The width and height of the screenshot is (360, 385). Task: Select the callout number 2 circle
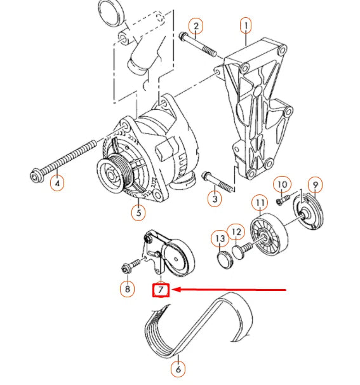click(196, 26)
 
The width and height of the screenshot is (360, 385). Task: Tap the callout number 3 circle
click(216, 199)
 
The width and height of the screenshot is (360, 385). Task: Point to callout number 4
click(58, 185)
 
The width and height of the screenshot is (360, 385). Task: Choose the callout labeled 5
click(138, 212)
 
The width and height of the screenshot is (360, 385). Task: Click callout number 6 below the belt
click(178, 368)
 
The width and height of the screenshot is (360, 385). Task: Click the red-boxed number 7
click(161, 291)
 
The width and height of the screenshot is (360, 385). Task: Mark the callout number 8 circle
click(128, 289)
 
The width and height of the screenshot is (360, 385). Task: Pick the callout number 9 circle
click(316, 185)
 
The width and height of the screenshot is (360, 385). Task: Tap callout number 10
click(283, 185)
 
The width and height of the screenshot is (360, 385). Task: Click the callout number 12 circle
click(236, 233)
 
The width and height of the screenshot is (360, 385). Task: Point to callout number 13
click(219, 239)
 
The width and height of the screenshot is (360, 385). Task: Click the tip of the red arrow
click(174, 290)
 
